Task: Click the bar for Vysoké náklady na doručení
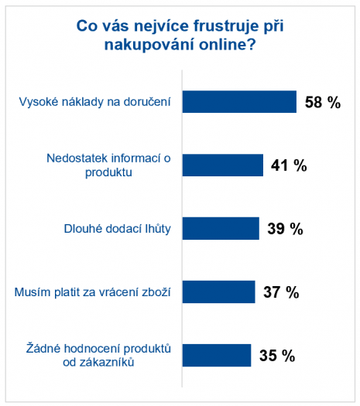(x=239, y=102)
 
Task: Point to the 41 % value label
(x=289, y=165)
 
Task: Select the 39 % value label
(x=285, y=229)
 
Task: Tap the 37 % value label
(x=281, y=292)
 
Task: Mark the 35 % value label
(x=277, y=356)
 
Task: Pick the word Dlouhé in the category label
(x=81, y=229)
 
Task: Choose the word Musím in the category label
(x=32, y=292)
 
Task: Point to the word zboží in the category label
(x=155, y=292)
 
